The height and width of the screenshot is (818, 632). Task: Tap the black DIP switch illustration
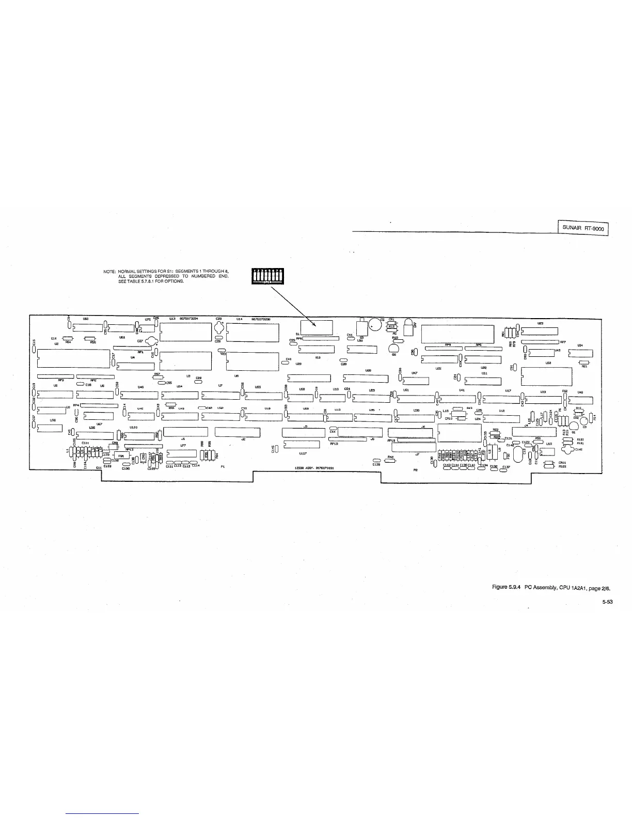coord(267,276)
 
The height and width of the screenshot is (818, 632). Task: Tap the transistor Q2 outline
coord(393,348)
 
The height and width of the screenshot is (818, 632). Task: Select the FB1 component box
coord(121,456)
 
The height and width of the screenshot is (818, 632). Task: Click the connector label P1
coord(223,467)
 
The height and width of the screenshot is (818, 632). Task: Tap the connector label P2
coord(415,470)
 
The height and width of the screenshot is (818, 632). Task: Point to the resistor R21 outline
coord(584,362)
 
